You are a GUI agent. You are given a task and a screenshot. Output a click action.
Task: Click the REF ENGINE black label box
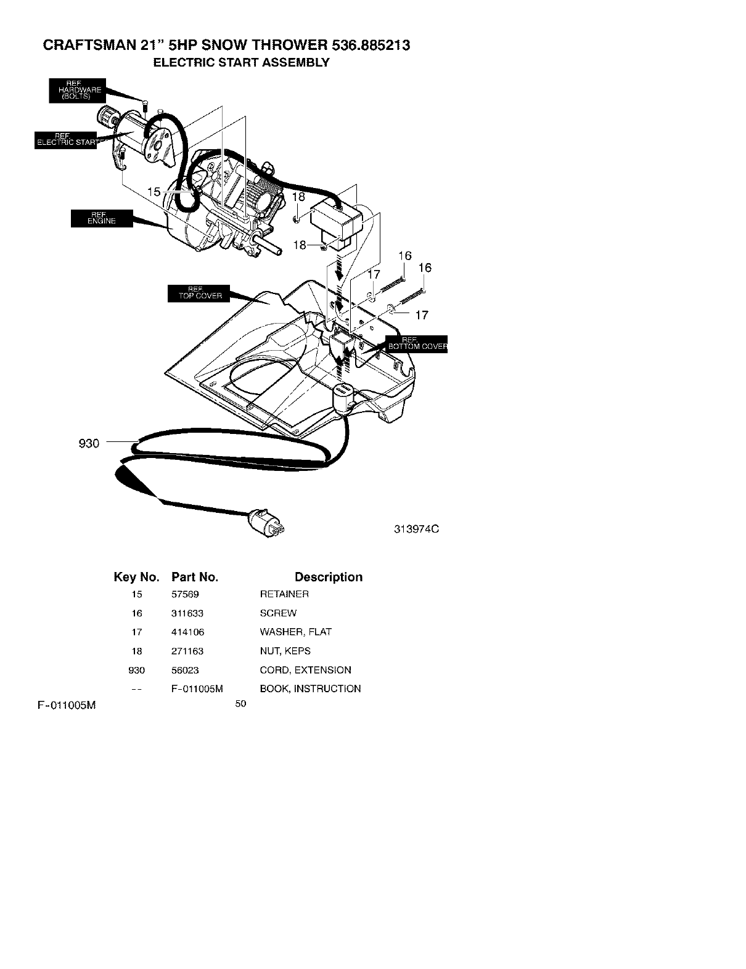pyautogui.click(x=102, y=218)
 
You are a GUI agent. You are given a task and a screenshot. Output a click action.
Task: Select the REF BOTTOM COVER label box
pyautogui.click(x=417, y=343)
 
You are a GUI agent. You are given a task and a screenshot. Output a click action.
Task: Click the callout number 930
pyautogui.click(x=89, y=443)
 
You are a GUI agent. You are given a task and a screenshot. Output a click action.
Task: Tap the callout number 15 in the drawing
pyautogui.click(x=154, y=192)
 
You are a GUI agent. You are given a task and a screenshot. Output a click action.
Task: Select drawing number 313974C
pyautogui.click(x=417, y=529)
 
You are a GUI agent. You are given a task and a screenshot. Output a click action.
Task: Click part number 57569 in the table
pyautogui.click(x=185, y=594)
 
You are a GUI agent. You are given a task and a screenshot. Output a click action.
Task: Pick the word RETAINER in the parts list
pyautogui.click(x=284, y=594)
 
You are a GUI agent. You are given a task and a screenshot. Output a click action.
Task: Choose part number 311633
pyautogui.click(x=187, y=613)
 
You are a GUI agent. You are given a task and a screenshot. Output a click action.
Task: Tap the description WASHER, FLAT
pyautogui.click(x=295, y=632)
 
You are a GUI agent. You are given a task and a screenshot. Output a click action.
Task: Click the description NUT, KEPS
pyautogui.click(x=285, y=651)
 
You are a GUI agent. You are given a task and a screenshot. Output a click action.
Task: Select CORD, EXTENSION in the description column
pyautogui.click(x=305, y=670)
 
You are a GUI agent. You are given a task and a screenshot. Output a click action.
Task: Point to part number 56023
pyautogui.click(x=185, y=670)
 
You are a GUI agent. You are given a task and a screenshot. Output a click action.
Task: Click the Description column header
pyautogui.click(x=328, y=577)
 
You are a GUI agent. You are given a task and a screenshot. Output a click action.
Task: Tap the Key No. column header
pyautogui.click(x=136, y=577)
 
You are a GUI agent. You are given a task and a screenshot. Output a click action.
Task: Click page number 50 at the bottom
pyautogui.click(x=240, y=704)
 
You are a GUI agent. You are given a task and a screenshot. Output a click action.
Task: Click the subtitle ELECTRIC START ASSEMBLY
pyautogui.click(x=241, y=62)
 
